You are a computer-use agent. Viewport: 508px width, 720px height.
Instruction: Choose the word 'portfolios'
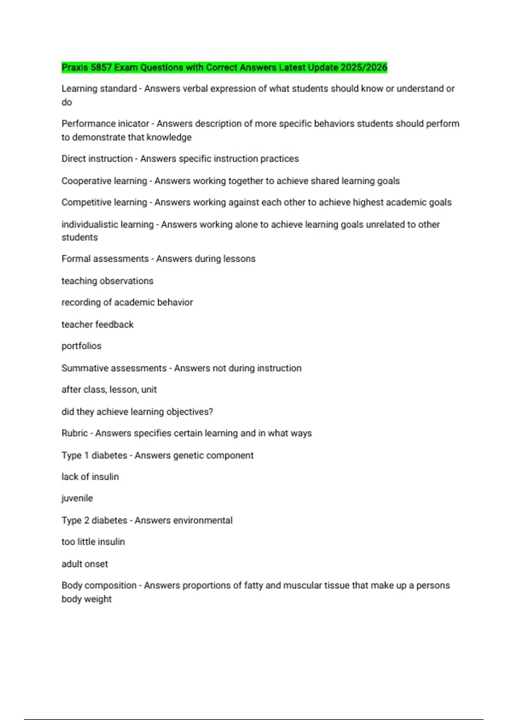click(82, 346)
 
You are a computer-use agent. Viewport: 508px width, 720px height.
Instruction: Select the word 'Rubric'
click(75, 433)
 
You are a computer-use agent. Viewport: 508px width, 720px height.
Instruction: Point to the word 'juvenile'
click(77, 498)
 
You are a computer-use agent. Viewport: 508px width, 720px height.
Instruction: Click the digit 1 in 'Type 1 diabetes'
click(86, 456)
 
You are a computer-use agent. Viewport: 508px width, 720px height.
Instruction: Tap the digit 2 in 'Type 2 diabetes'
click(86, 521)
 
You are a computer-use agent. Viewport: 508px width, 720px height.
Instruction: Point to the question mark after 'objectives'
click(211, 412)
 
